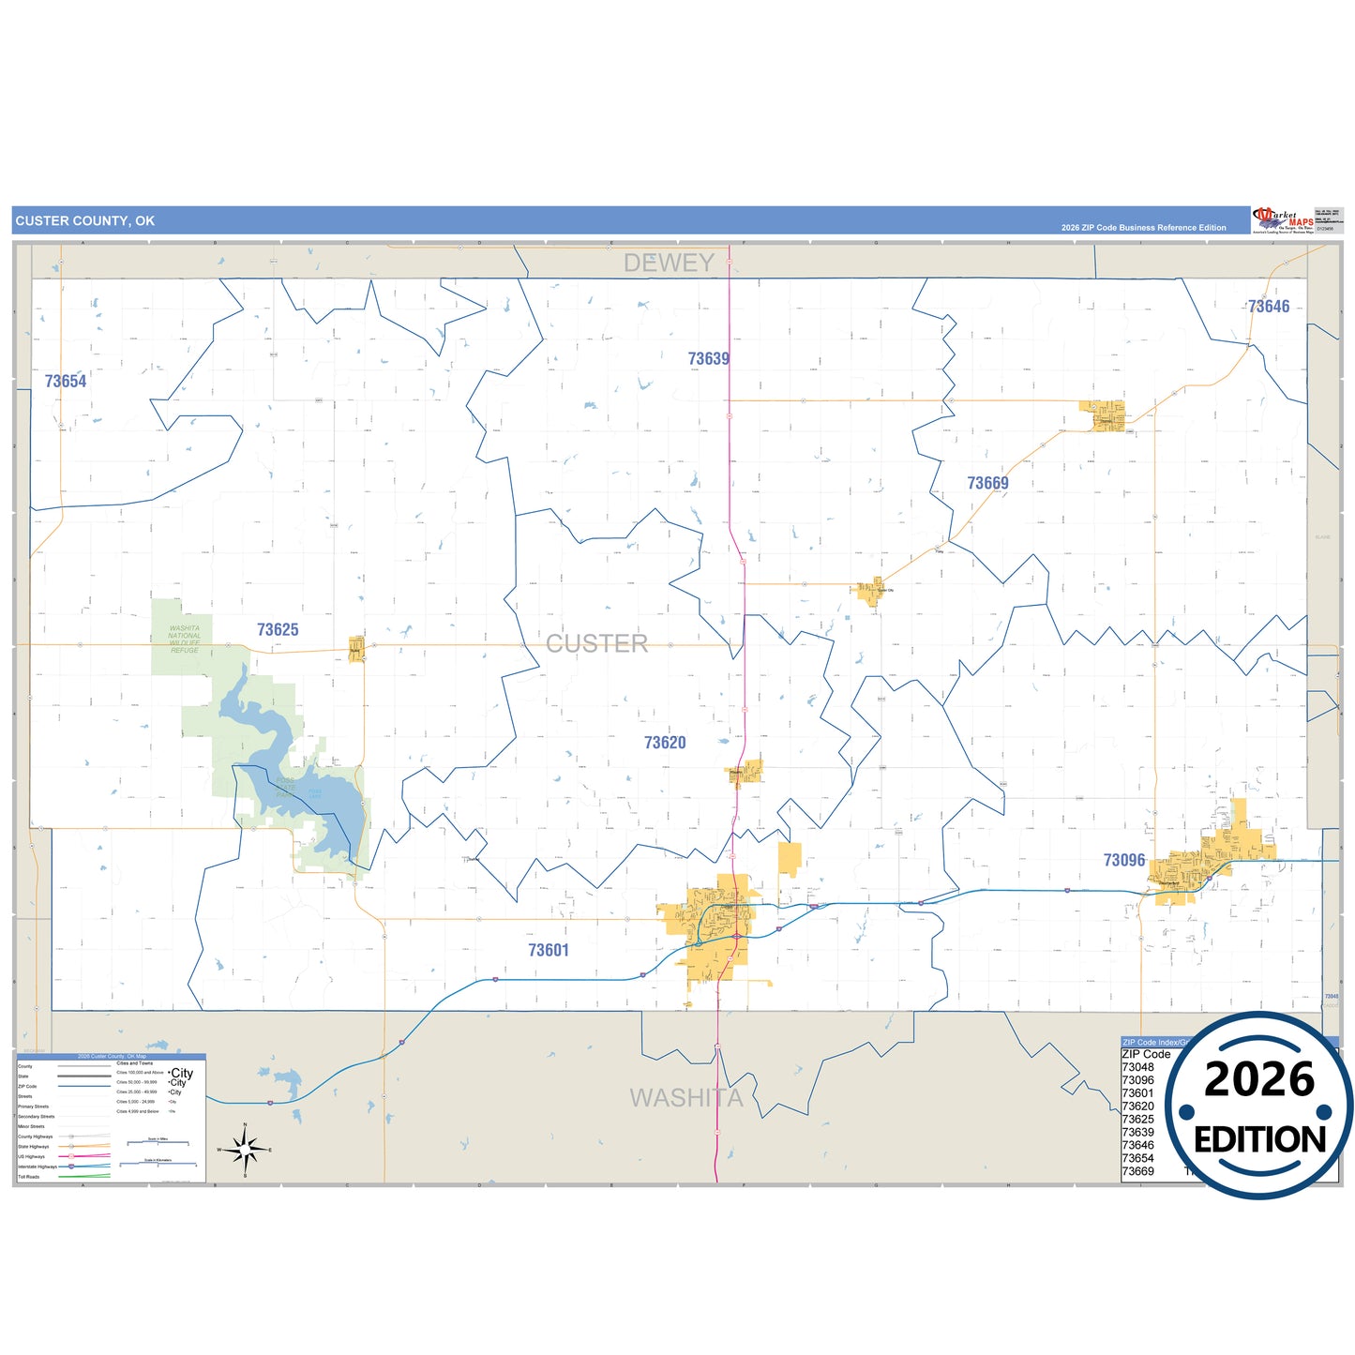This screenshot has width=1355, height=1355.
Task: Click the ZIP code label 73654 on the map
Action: [x=66, y=382]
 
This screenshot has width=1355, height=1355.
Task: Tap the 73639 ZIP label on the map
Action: [x=708, y=359]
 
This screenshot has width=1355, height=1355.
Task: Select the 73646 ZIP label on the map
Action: [x=1268, y=307]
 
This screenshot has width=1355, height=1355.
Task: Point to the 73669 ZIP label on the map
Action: [x=987, y=484]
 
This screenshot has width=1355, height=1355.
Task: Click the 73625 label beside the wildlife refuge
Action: [x=278, y=630]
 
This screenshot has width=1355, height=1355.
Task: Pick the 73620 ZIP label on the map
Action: [x=664, y=743]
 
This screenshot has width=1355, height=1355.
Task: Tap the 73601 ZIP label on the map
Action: [x=548, y=950]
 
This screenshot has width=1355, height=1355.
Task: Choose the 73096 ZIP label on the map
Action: [x=1123, y=861]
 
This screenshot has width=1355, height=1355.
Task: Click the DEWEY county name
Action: [x=669, y=263]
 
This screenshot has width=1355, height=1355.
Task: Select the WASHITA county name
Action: [x=685, y=1098]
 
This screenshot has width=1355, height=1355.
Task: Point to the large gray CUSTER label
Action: [x=596, y=644]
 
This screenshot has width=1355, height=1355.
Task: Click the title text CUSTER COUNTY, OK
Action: [x=85, y=221]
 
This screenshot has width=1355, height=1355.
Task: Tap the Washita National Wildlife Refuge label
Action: [x=185, y=640]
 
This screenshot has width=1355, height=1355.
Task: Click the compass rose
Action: [x=245, y=1149]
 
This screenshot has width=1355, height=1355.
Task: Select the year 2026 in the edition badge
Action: [x=1258, y=1079]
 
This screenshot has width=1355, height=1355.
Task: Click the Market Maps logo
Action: [x=1283, y=221]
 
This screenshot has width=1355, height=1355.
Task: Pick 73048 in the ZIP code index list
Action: [x=1137, y=1067]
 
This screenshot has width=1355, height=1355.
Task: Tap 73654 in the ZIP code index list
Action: [x=1137, y=1158]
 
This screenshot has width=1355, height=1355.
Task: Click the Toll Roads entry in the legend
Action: [x=29, y=1177]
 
